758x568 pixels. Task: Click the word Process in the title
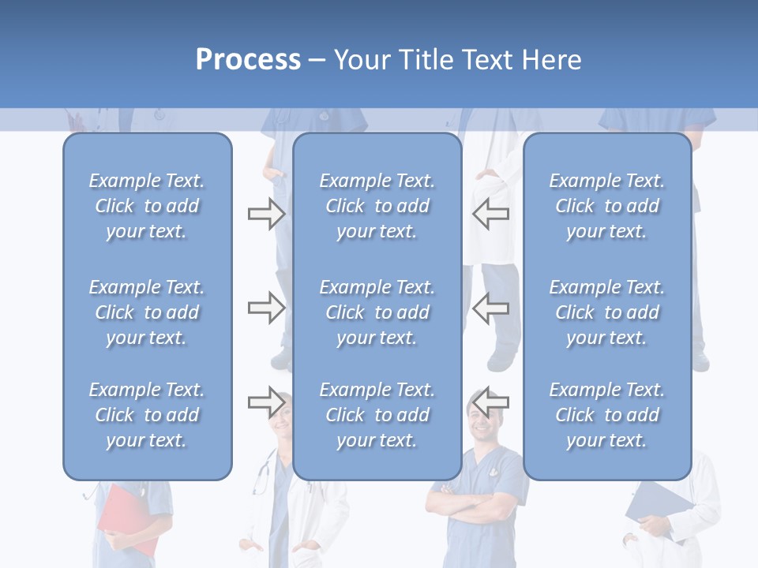[x=248, y=60]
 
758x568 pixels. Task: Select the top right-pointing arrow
[x=266, y=214]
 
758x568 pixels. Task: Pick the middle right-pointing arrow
[x=266, y=308]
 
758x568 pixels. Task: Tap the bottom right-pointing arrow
[x=266, y=402]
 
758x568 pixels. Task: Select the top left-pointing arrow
[x=491, y=214]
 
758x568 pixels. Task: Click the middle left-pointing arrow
[x=491, y=308]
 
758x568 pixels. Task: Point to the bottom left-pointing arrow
[x=491, y=402]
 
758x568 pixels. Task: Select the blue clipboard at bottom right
[x=659, y=509]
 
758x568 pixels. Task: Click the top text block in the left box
[x=147, y=206]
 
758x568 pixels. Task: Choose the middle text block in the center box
[x=377, y=312]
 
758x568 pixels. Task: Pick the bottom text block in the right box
[x=607, y=415]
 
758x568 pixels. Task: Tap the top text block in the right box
[x=607, y=206]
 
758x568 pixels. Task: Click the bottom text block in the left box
[x=147, y=415]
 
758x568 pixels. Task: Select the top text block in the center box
[x=377, y=206]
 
